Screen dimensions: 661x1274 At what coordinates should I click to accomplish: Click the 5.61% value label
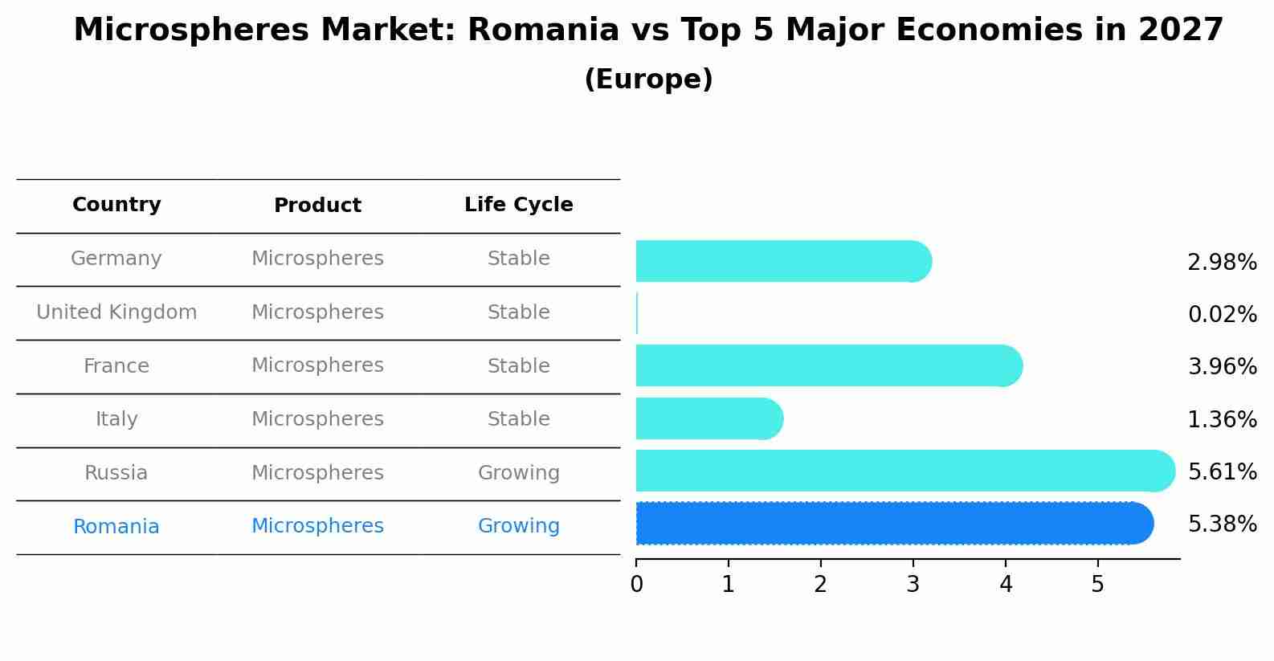point(1222,471)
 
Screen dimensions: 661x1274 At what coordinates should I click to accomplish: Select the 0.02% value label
point(1222,314)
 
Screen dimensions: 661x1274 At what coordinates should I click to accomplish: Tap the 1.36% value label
point(1222,419)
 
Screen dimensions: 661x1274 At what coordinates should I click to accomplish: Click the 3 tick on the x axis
point(913,585)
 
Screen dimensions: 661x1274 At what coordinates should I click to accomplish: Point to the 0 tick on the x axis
point(636,585)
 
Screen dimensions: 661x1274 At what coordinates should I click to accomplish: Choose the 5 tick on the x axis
point(1097,585)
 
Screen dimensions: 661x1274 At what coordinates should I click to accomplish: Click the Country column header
point(116,205)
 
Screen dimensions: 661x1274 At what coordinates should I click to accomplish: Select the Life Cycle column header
point(518,205)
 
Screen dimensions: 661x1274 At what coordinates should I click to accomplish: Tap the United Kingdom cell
point(116,312)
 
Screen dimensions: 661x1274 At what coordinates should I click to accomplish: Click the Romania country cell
point(116,527)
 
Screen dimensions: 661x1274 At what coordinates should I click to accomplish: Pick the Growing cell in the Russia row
point(518,473)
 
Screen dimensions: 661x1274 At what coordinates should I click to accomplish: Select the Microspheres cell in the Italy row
point(317,419)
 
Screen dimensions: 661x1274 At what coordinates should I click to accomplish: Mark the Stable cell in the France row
point(518,366)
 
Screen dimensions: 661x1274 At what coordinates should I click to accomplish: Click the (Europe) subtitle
point(648,80)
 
